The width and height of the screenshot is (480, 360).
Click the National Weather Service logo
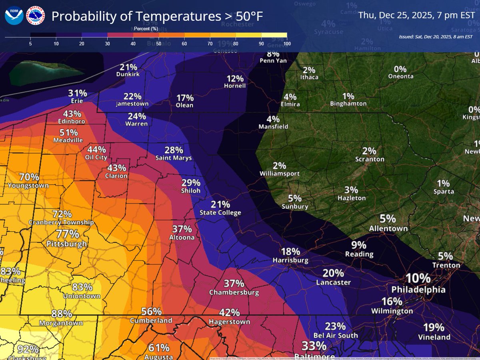tap(35, 16)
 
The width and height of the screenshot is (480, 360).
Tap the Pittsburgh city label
tap(66, 244)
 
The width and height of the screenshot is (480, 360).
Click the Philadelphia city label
tap(418, 289)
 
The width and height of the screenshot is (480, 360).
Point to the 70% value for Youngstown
tap(29, 177)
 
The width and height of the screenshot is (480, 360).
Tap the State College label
tap(220, 213)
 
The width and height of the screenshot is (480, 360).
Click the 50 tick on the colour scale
tap(159, 43)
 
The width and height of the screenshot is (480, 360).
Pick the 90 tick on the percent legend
tap(261, 43)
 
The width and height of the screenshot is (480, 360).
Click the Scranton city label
tap(370, 159)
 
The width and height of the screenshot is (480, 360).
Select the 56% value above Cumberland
tap(152, 312)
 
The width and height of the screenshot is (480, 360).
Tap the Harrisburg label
tap(290, 260)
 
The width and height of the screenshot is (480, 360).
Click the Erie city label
tap(77, 101)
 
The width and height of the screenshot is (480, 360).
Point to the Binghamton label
tap(348, 104)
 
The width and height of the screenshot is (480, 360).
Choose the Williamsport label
tap(279, 174)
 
